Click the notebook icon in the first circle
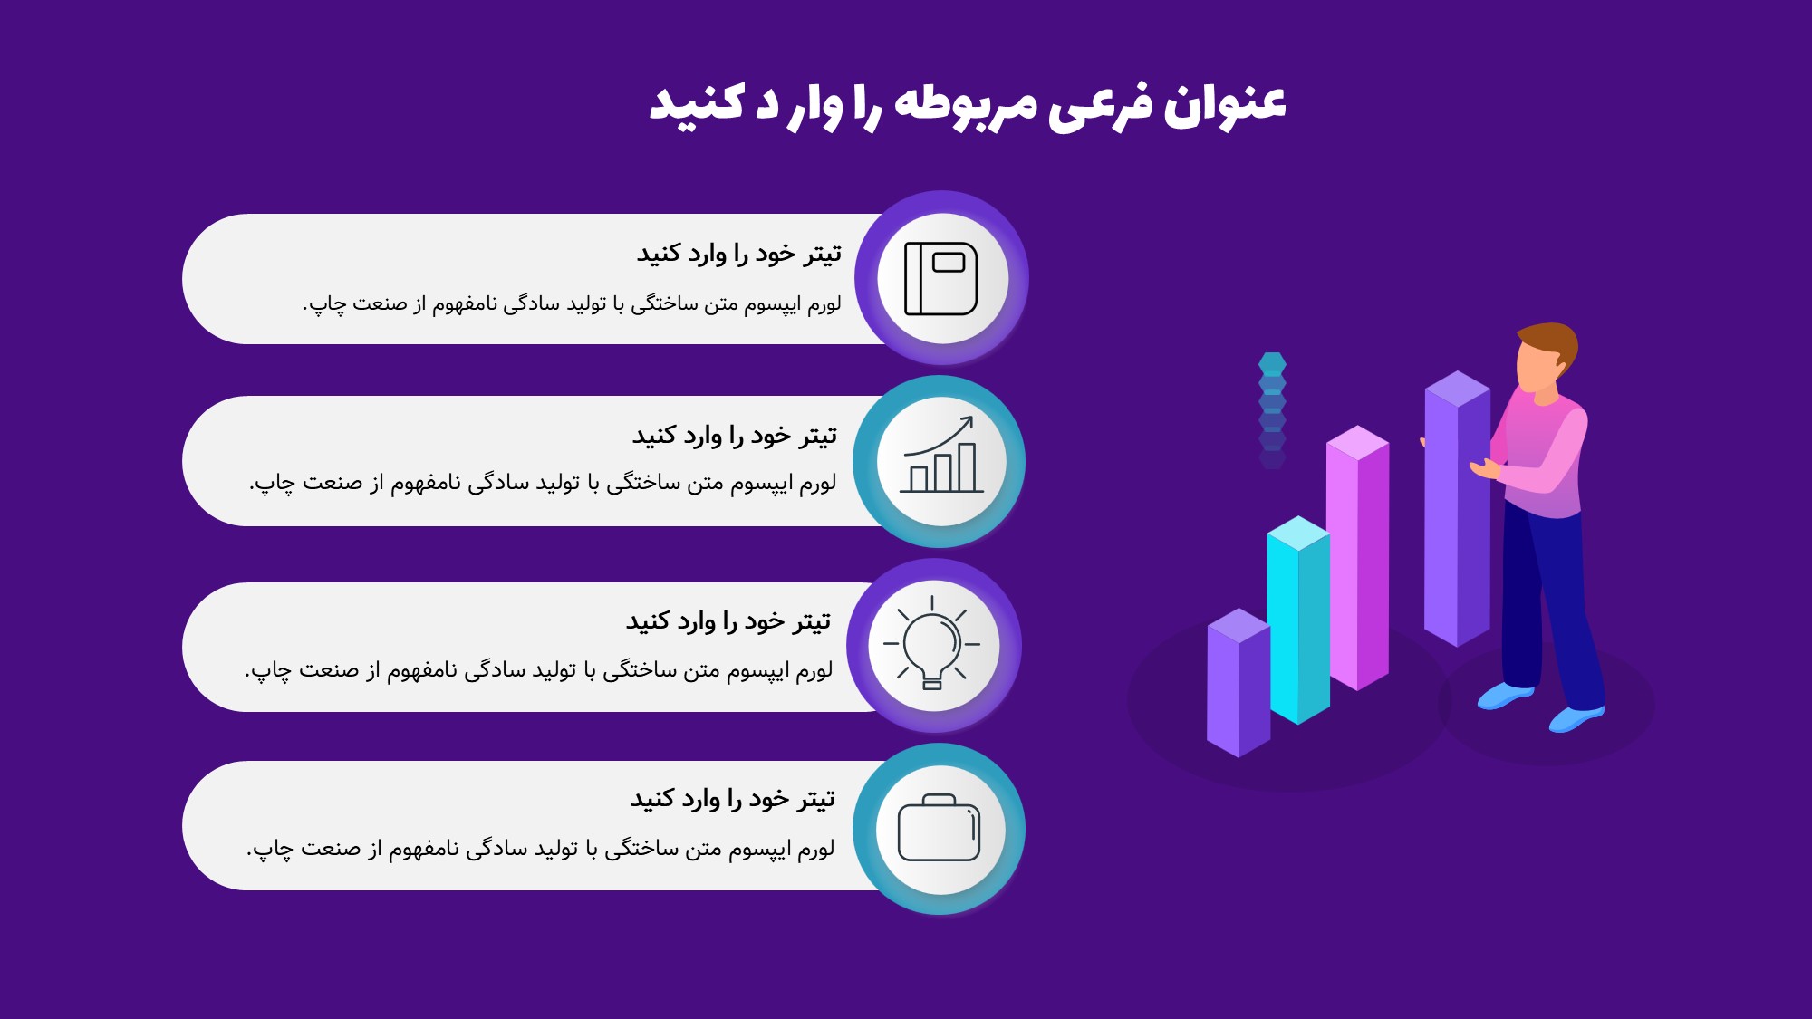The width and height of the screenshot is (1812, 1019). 941,278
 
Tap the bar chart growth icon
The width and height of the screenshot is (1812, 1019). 941,455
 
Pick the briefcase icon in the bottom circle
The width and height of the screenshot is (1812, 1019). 940,828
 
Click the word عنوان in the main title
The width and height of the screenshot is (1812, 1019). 1225,104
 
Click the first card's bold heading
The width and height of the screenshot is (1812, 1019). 738,254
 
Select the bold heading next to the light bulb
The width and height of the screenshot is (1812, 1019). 728,621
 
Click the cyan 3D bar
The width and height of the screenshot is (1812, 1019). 1298,620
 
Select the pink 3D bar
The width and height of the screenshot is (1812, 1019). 1357,557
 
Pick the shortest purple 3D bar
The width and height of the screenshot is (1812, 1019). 1239,682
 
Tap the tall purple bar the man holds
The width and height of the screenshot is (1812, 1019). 1457,507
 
